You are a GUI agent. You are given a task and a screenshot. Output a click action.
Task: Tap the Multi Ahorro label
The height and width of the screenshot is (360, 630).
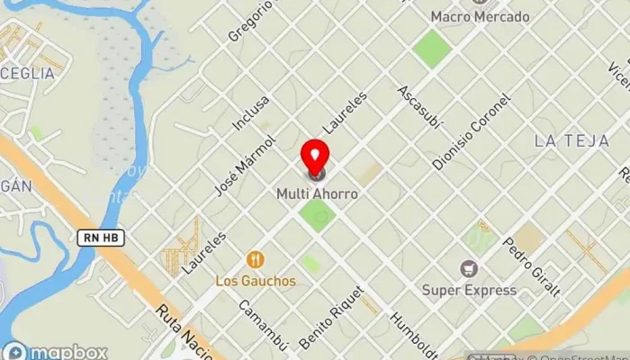pyautogui.click(x=317, y=193)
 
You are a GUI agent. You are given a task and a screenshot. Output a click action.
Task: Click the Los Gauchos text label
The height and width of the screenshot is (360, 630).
pyautogui.click(x=256, y=281)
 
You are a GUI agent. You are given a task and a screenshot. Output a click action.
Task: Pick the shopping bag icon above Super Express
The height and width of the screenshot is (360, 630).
pyautogui.click(x=469, y=268)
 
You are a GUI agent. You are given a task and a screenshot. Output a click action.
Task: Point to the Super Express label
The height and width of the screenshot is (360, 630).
pyautogui.click(x=469, y=290)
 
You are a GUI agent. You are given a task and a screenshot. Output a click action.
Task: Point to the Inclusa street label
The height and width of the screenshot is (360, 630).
pyautogui.click(x=250, y=113)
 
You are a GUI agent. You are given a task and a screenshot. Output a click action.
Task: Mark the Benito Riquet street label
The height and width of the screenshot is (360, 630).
pyautogui.click(x=331, y=318)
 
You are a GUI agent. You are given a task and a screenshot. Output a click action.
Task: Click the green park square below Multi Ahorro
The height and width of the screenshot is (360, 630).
pyautogui.click(x=317, y=215)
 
